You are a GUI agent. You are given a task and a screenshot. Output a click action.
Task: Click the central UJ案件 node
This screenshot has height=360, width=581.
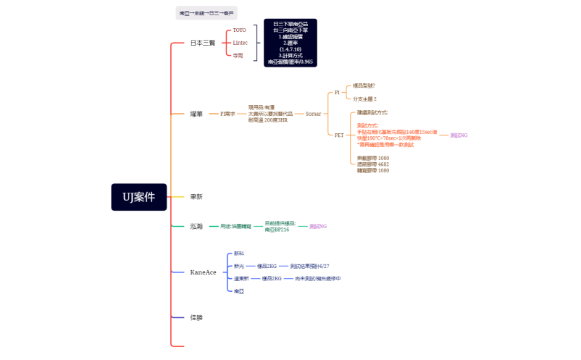tap(139, 197)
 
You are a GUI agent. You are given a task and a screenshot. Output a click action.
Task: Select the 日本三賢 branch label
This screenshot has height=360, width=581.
tap(202, 43)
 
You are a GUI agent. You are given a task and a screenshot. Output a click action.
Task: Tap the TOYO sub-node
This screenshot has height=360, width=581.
tap(239, 30)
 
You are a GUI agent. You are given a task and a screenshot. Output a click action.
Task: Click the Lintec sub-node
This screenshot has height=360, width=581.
tap(240, 43)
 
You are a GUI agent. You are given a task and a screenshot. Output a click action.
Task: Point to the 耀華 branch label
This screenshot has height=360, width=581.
tap(196, 114)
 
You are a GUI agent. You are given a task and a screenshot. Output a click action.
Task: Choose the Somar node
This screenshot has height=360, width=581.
tap(313, 114)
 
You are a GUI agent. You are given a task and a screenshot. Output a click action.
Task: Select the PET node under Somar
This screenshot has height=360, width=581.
tap(339, 135)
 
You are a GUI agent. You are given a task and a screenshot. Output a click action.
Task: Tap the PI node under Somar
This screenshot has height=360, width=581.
tap(337, 93)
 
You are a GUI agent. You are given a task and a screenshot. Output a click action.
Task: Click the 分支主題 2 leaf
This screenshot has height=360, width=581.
tap(364, 99)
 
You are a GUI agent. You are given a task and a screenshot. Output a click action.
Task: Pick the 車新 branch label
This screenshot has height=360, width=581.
tap(196, 196)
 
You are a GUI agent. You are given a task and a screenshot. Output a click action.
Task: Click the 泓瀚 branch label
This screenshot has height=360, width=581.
tap(196, 227)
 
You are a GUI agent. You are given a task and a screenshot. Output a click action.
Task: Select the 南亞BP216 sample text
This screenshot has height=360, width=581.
tap(277, 230)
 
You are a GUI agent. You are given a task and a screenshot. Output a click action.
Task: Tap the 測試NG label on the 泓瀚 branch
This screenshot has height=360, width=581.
tap(318, 227)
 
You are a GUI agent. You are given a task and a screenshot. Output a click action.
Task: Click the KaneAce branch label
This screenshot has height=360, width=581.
tap(203, 272)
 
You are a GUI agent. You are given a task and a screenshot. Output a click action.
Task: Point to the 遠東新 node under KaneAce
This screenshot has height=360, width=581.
tap(241, 278)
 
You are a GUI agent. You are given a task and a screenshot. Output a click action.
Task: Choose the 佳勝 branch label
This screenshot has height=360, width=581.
tap(196, 317)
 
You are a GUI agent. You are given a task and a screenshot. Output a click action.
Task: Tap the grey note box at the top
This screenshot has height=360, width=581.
tap(206, 13)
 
